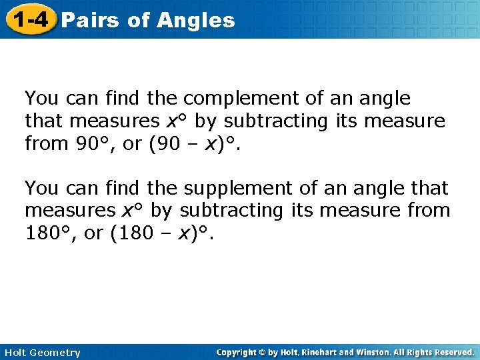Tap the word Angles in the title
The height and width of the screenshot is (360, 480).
pos(196,20)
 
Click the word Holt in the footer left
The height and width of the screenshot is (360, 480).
pos(16,353)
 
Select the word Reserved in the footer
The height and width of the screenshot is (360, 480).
pos(453,352)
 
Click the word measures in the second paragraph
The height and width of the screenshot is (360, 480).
pos(69,211)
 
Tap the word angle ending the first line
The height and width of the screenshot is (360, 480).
pos(385,99)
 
